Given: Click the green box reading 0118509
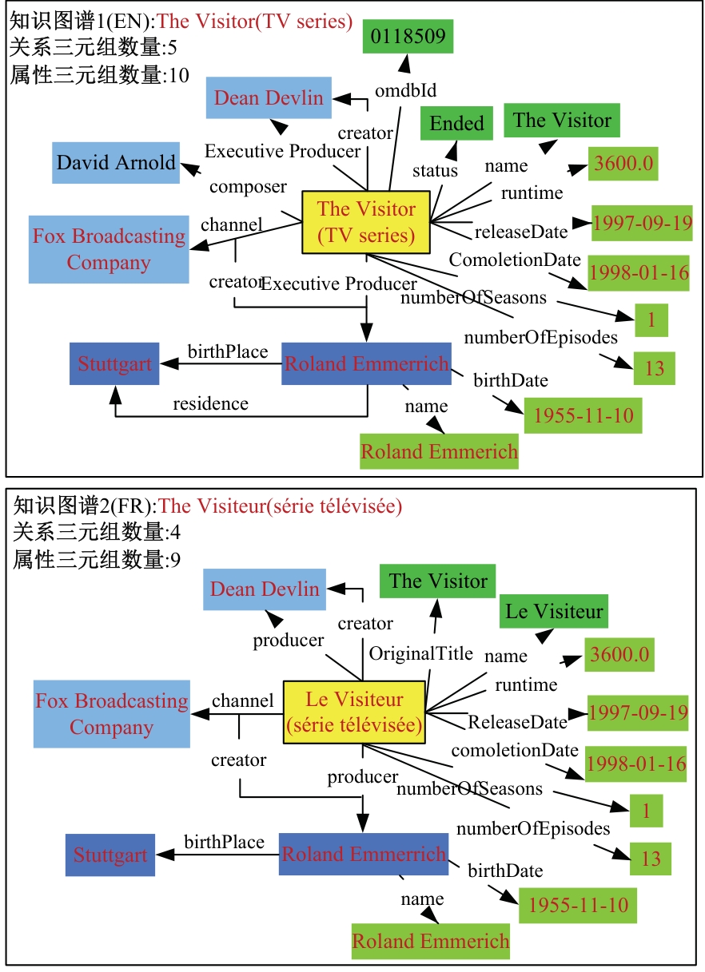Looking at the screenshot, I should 408,36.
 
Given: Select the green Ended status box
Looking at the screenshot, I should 456,124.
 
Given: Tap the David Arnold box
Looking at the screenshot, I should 116,163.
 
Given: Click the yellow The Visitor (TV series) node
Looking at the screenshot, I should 366,222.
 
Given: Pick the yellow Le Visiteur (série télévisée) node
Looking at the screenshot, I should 354,712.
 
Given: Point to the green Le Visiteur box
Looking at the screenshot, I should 554,613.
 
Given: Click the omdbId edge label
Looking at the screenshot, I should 405,89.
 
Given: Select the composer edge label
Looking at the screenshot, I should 248,187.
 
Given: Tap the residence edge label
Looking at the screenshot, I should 210,404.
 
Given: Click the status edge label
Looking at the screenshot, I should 435,170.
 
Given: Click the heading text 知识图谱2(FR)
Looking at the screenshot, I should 85,506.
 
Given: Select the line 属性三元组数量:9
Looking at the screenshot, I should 96,560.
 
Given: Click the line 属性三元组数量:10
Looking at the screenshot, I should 100,76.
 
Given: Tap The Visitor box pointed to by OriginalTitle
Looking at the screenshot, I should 438,581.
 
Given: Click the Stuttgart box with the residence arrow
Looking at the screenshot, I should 114,364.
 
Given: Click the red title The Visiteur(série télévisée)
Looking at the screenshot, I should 281,506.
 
